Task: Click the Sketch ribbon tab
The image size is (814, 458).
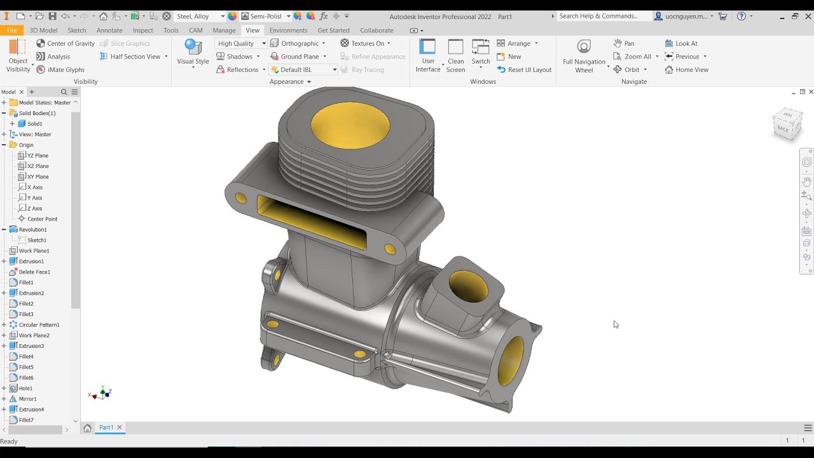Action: tap(76, 30)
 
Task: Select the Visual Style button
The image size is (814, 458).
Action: tap(193, 53)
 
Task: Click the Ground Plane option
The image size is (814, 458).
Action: tap(299, 57)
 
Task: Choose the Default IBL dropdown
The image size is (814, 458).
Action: tap(303, 70)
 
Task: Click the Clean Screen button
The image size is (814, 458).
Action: tap(455, 56)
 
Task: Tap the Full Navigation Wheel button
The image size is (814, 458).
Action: tap(584, 56)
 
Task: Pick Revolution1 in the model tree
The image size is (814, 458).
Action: tap(32, 230)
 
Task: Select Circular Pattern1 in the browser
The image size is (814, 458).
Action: tap(39, 325)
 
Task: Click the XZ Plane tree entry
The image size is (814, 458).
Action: tap(38, 166)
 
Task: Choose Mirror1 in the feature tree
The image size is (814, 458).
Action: tap(27, 399)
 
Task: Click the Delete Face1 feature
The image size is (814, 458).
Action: tap(34, 272)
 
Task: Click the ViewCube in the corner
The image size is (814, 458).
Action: tap(787, 123)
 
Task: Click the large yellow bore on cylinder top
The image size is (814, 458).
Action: tap(350, 124)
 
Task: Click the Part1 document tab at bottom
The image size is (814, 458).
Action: tap(106, 427)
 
